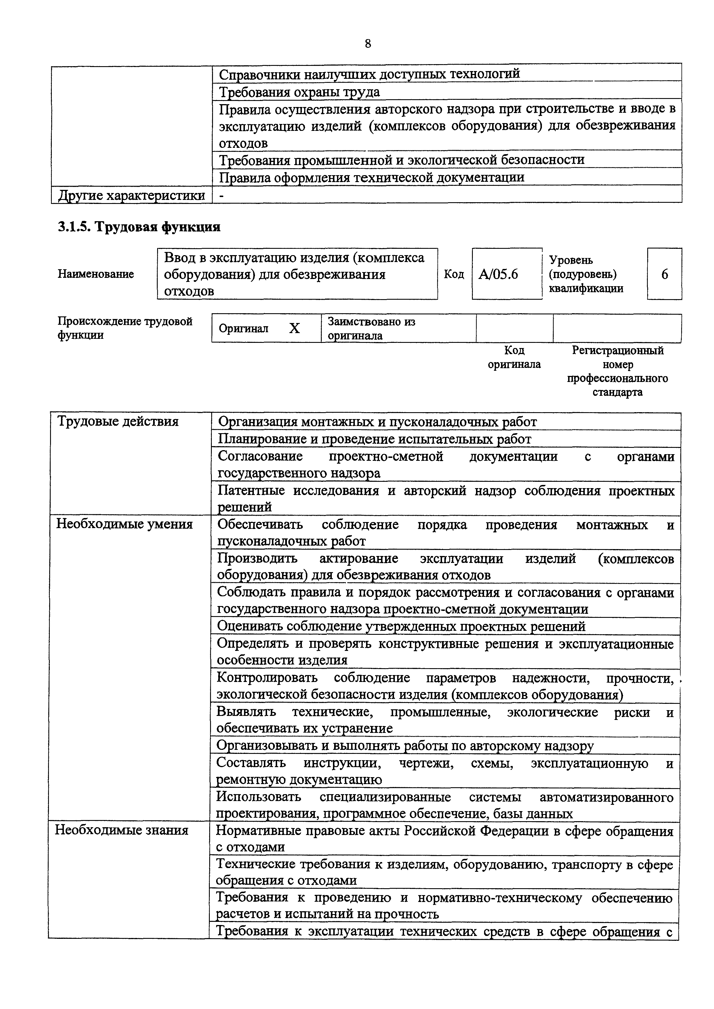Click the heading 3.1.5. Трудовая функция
(x=139, y=227)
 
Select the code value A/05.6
(x=498, y=274)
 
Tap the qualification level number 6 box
(x=664, y=274)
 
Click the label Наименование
(x=96, y=274)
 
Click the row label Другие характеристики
(x=132, y=195)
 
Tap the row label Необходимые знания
(x=121, y=830)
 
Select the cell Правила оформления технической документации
(x=372, y=177)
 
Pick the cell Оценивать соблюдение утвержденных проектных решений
(x=401, y=626)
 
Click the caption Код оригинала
(x=514, y=357)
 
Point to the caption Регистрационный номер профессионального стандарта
(x=617, y=371)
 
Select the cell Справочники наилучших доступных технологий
(x=369, y=74)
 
